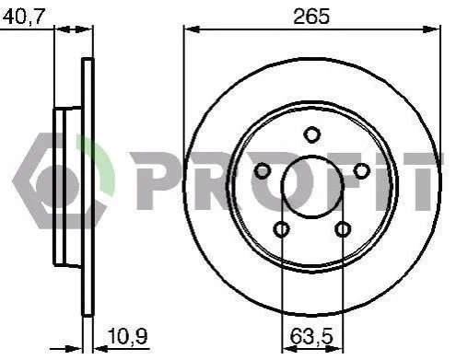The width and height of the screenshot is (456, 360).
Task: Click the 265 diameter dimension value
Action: pos(311,17)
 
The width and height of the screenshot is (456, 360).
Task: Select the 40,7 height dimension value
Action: pos(24,17)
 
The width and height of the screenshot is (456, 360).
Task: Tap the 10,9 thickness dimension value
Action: pos(128,336)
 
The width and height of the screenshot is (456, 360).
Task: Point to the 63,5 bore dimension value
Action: pos(311,336)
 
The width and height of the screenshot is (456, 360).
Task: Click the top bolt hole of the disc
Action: pos(311,134)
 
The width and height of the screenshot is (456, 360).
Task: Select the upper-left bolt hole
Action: pos(263,170)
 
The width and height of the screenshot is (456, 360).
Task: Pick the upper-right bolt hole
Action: pos(361,170)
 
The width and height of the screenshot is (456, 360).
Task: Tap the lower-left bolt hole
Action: pos(281,228)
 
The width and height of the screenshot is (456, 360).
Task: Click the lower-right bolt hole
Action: pos(343,228)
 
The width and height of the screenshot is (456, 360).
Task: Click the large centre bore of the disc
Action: pos(312,187)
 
